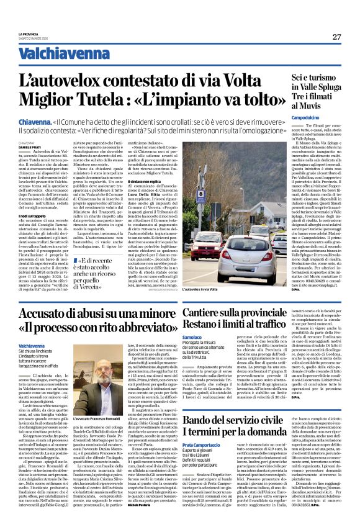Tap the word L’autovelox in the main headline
79,80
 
